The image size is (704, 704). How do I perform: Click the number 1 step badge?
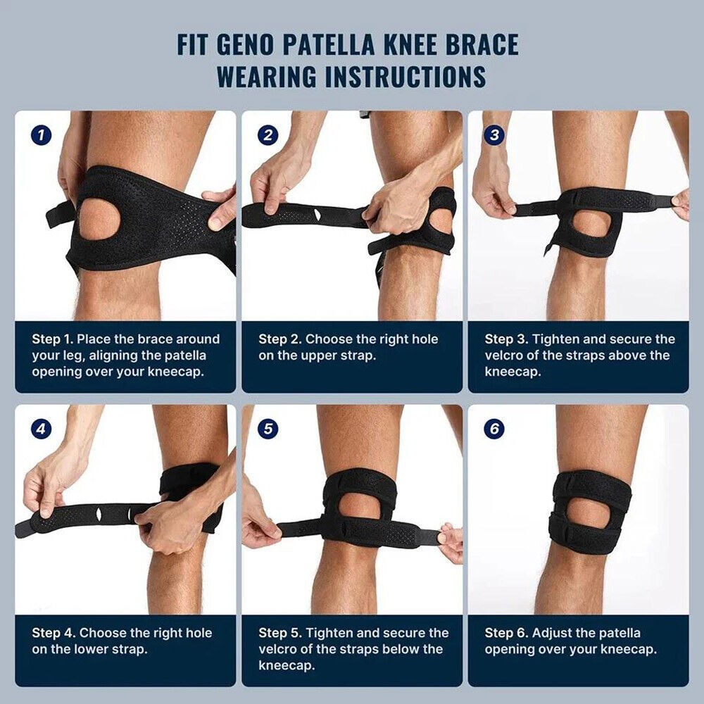click(42, 135)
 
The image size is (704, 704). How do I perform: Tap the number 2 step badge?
click(268, 135)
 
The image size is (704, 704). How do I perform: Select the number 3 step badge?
click(494, 135)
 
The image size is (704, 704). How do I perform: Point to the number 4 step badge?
click(42, 429)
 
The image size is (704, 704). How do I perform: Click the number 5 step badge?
click(268, 429)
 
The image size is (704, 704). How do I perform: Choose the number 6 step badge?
click(494, 429)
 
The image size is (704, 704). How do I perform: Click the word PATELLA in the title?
click(348, 44)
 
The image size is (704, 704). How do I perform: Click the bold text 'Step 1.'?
click(53, 339)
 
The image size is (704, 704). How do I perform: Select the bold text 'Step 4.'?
click(54, 633)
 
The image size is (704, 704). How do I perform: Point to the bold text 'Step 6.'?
click(506, 633)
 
